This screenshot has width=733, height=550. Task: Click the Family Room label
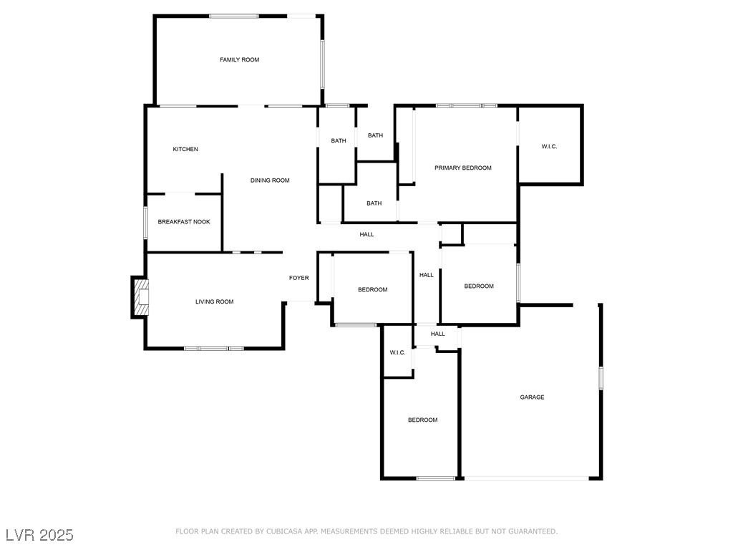[x=239, y=60]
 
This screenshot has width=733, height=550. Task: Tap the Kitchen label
[x=185, y=150]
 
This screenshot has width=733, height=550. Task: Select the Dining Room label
[x=270, y=180]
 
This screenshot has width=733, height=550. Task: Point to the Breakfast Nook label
[x=184, y=222]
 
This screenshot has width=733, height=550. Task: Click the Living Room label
[x=215, y=302]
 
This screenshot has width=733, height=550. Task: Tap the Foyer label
[x=298, y=278]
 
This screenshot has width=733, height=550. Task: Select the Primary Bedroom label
[x=463, y=168]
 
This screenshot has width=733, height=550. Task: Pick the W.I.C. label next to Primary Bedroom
[x=549, y=147]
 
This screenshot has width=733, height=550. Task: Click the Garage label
[x=532, y=397]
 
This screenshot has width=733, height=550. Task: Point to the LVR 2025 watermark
[x=39, y=535]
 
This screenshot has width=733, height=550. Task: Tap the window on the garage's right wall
[x=601, y=377]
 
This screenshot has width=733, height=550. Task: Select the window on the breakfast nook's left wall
[x=145, y=223]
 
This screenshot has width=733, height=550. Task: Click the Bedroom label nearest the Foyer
[x=372, y=290]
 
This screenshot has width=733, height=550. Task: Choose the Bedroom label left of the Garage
[x=422, y=420]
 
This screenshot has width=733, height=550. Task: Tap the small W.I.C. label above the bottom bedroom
[x=397, y=353]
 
